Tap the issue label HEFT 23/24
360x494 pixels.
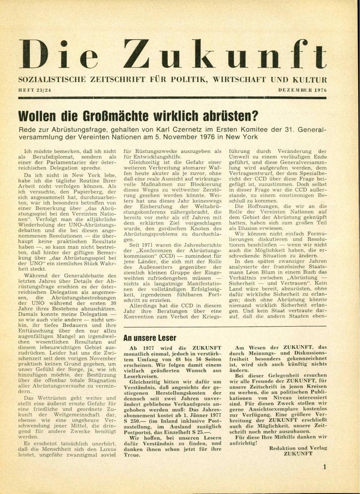coord(35,90)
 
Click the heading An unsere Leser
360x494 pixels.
coord(150,338)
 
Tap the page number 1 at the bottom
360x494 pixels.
coord(324,467)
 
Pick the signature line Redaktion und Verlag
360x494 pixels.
coord(298,448)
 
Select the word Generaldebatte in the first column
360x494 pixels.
coord(79,276)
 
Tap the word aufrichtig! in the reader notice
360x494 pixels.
coord(243,443)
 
